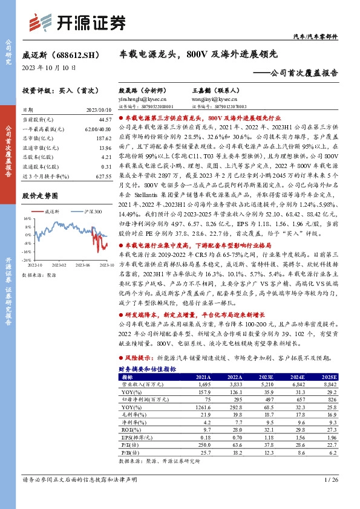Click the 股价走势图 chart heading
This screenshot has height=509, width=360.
click(x=39, y=196)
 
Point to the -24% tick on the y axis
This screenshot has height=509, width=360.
click(x=26, y=260)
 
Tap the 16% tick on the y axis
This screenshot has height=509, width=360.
click(x=27, y=218)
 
